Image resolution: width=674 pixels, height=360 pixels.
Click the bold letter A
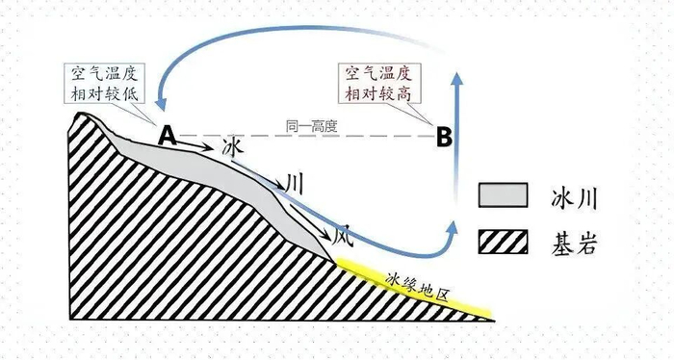(x=168, y=136)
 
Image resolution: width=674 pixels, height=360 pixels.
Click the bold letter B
(x=444, y=137)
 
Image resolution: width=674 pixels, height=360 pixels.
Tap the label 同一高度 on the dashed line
(x=312, y=127)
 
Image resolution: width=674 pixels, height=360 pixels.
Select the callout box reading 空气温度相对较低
(x=104, y=84)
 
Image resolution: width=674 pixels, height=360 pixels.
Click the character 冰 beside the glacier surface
(x=233, y=148)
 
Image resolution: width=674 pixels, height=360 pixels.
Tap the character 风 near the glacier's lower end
(x=343, y=237)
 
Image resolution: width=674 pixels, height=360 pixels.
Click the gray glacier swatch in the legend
(x=503, y=195)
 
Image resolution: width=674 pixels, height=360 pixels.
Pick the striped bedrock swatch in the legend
(x=503, y=242)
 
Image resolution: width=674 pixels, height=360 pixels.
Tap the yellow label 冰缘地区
(x=417, y=287)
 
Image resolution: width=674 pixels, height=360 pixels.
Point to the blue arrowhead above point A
(x=161, y=104)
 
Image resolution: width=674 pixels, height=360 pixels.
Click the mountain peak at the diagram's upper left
(x=80, y=114)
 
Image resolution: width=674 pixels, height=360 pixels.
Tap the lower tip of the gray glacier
(x=334, y=261)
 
